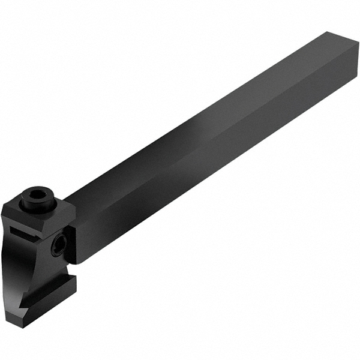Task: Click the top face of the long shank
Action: (198, 120)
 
